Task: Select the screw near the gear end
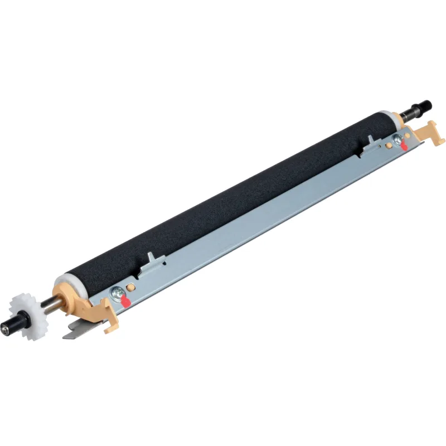(x=118, y=290)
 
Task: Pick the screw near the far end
(x=397, y=138)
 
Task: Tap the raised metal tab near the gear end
(x=151, y=262)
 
